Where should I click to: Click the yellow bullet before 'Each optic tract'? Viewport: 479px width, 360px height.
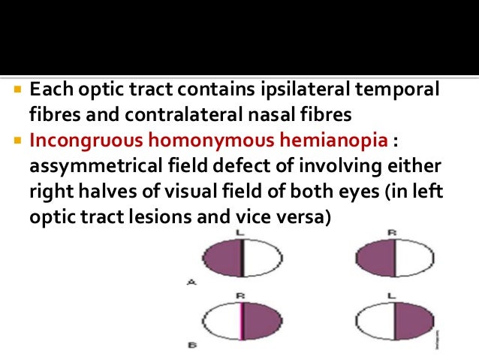pyautogui.click(x=19, y=91)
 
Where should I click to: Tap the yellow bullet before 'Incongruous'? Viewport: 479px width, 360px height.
pyautogui.click(x=19, y=141)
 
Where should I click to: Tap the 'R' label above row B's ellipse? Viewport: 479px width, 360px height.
pyautogui.click(x=240, y=297)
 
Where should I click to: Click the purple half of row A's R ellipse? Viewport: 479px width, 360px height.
pyautogui.click(x=373, y=259)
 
